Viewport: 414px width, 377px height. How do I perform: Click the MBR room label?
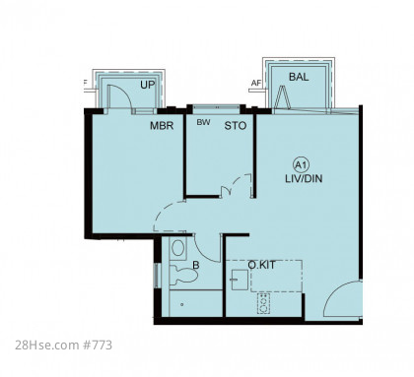(x=162, y=126)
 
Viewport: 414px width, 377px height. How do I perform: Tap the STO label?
(x=236, y=126)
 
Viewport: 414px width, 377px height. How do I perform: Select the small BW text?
(x=203, y=122)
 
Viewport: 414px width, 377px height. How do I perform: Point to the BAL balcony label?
(x=299, y=77)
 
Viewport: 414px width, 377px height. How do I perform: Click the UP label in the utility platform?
(x=147, y=85)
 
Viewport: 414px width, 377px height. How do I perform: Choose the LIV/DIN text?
(x=304, y=179)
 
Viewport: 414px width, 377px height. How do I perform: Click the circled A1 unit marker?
(x=301, y=165)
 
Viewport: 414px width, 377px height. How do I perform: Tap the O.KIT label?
(x=261, y=265)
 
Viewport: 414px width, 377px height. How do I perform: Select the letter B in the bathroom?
(x=196, y=265)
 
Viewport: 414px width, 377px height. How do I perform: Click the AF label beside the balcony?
(x=256, y=84)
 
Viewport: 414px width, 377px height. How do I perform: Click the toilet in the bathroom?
(x=183, y=276)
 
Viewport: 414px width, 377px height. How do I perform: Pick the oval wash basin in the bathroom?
(x=177, y=248)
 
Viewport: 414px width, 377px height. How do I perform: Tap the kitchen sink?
(x=240, y=280)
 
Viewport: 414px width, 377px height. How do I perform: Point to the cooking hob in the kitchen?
(x=263, y=303)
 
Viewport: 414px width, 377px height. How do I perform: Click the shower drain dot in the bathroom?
(x=182, y=305)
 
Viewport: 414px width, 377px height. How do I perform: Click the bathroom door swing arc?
(x=203, y=254)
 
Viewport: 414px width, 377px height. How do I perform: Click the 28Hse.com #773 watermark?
(x=63, y=346)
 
